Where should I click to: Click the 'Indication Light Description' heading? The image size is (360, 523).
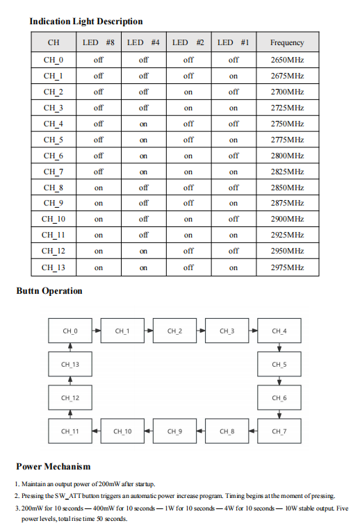tap(86, 22)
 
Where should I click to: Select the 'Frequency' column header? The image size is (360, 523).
tap(287, 42)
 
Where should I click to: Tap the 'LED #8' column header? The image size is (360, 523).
tap(98, 42)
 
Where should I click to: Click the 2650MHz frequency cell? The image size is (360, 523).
tap(287, 60)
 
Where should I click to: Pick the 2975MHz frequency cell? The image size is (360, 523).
tap(287, 267)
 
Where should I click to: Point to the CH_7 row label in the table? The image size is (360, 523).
tap(54, 172)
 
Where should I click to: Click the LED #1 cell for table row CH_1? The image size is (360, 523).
tap(234, 76)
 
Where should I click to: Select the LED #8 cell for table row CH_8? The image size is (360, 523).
tap(98, 188)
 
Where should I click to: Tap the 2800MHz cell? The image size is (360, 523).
tap(287, 156)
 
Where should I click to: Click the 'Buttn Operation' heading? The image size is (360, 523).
tap(49, 291)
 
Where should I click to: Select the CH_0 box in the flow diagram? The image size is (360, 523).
tap(70, 331)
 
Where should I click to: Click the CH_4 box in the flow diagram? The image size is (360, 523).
tap(279, 331)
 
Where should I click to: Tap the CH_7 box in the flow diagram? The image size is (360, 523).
tap(279, 431)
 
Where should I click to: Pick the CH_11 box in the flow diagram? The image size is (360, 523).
tap(70, 431)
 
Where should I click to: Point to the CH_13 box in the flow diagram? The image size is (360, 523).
tap(70, 364)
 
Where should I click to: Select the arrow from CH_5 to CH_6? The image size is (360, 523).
tap(279, 381)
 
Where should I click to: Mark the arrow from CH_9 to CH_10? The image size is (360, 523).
tap(149, 431)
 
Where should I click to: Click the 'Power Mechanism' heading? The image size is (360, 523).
tap(54, 466)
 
